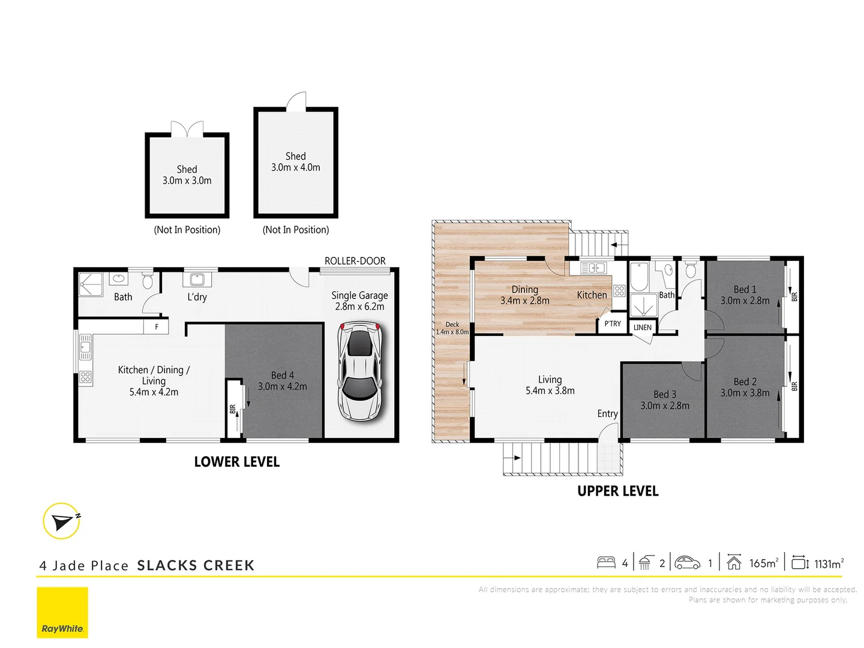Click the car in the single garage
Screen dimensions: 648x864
(x=359, y=372)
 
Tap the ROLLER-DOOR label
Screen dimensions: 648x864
(x=355, y=261)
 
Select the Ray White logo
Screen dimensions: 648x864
(x=62, y=613)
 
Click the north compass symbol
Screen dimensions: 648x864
(x=62, y=521)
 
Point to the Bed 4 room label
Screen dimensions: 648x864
(x=282, y=381)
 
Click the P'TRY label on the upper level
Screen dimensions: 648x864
(x=612, y=324)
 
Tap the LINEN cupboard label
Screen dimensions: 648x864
(x=642, y=328)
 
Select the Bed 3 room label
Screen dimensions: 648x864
(x=664, y=400)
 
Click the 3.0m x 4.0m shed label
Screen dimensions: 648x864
(x=295, y=162)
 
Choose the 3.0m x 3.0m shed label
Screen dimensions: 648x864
(x=187, y=175)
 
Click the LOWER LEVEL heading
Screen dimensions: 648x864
(x=236, y=462)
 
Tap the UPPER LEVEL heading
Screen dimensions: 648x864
(x=617, y=491)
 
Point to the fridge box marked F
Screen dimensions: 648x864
(x=157, y=327)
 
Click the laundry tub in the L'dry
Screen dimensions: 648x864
(x=197, y=280)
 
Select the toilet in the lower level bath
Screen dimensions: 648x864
(x=148, y=280)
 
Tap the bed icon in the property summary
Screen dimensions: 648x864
(x=606, y=563)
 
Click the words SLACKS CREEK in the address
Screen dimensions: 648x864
(x=196, y=566)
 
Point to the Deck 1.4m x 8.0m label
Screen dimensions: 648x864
(x=452, y=328)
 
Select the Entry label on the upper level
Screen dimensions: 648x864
(x=607, y=414)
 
